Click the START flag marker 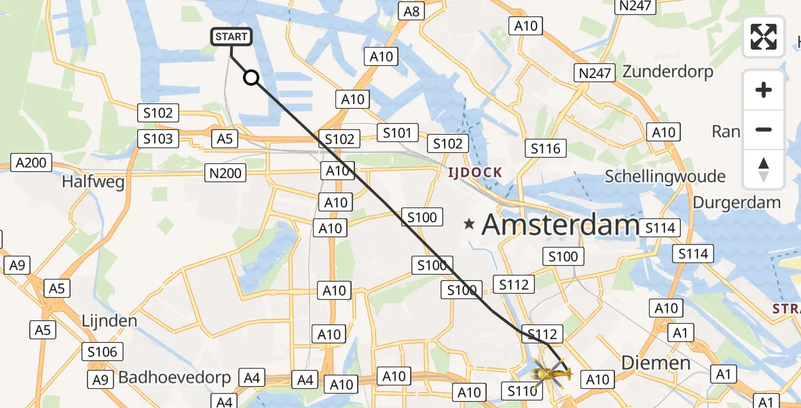[232, 36]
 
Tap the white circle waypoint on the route [251, 78]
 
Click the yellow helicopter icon [551, 373]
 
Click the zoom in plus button [764, 90]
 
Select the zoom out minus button [764, 129]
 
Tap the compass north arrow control [764, 169]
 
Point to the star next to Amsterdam [469, 224]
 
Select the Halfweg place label [94, 182]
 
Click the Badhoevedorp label [175, 377]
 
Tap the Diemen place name [656, 362]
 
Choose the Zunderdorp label [668, 71]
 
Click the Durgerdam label [737, 202]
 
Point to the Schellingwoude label [665, 177]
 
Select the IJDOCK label [474, 173]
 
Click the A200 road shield [31, 163]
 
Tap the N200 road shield [225, 173]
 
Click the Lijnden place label [109, 320]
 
